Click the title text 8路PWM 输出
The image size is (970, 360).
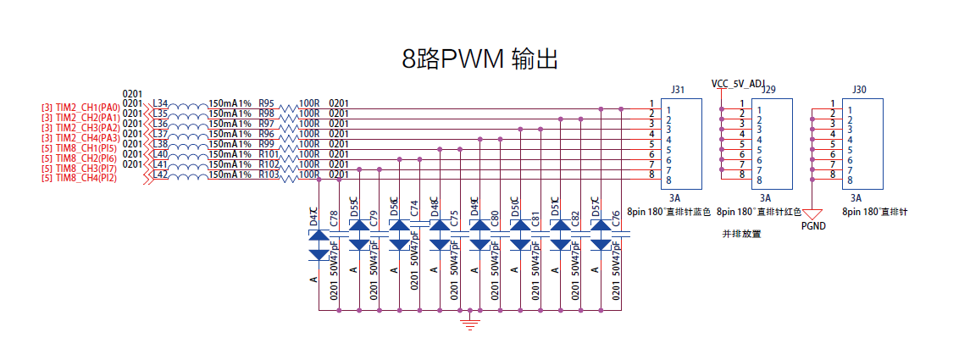click(x=479, y=59)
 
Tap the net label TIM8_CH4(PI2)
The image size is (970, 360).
click(x=86, y=178)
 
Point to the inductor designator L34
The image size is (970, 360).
click(x=159, y=103)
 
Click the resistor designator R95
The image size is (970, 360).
click(x=266, y=103)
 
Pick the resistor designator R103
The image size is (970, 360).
click(x=269, y=174)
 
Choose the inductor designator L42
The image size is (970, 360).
click(x=159, y=174)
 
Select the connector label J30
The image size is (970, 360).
click(x=859, y=89)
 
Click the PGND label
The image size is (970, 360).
click(x=813, y=226)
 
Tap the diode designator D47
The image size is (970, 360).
click(x=313, y=216)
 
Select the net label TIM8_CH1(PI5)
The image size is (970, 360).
click(x=86, y=148)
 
